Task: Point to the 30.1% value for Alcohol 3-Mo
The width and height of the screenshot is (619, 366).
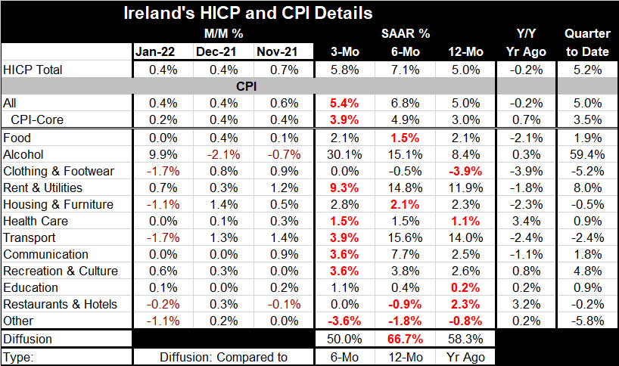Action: pos(344,154)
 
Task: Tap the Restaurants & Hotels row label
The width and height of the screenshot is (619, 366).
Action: pos(60,304)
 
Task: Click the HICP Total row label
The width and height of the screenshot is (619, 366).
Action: pos(35,70)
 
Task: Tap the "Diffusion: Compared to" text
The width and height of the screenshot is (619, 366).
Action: pos(219,355)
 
